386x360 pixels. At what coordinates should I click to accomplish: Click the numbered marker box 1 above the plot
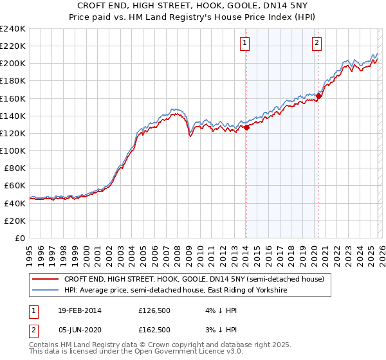(246, 43)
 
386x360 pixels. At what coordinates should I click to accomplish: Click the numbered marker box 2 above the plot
(317, 43)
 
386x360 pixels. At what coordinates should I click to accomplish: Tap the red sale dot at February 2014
(246, 128)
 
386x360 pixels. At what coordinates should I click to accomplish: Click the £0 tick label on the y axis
(19, 238)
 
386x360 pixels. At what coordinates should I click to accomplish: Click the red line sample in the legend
(45, 279)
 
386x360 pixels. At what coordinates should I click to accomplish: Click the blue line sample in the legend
(45, 290)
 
